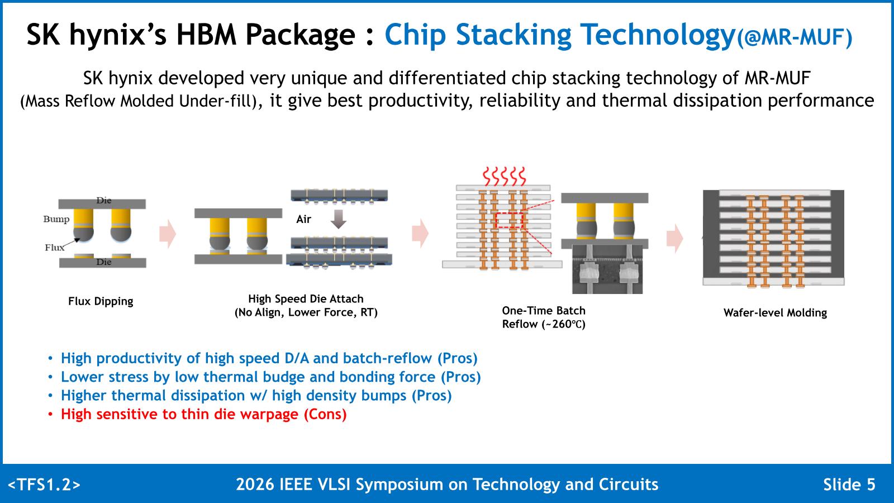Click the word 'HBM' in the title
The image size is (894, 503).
(x=206, y=34)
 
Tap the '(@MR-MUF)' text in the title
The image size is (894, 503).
(x=794, y=37)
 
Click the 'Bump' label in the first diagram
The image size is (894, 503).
(x=56, y=219)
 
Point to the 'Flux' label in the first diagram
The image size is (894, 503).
(x=54, y=248)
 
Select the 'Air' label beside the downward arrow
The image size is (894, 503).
(x=303, y=219)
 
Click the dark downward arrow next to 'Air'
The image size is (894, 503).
(x=339, y=219)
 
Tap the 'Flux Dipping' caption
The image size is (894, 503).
(x=101, y=301)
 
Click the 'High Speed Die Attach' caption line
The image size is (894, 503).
(x=306, y=298)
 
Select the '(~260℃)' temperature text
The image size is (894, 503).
(x=564, y=324)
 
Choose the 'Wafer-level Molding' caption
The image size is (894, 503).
(x=775, y=312)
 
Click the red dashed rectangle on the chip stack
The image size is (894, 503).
(x=509, y=220)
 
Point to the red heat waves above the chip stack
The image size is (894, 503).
(x=505, y=177)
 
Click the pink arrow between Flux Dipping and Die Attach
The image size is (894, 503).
(x=168, y=234)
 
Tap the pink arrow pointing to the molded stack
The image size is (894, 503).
(x=674, y=238)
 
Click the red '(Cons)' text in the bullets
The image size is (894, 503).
(x=325, y=414)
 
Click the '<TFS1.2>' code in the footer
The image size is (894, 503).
(x=44, y=484)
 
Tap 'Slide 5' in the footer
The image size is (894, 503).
(x=849, y=484)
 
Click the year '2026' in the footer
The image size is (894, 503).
(x=255, y=484)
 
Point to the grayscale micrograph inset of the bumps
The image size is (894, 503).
(x=607, y=269)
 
